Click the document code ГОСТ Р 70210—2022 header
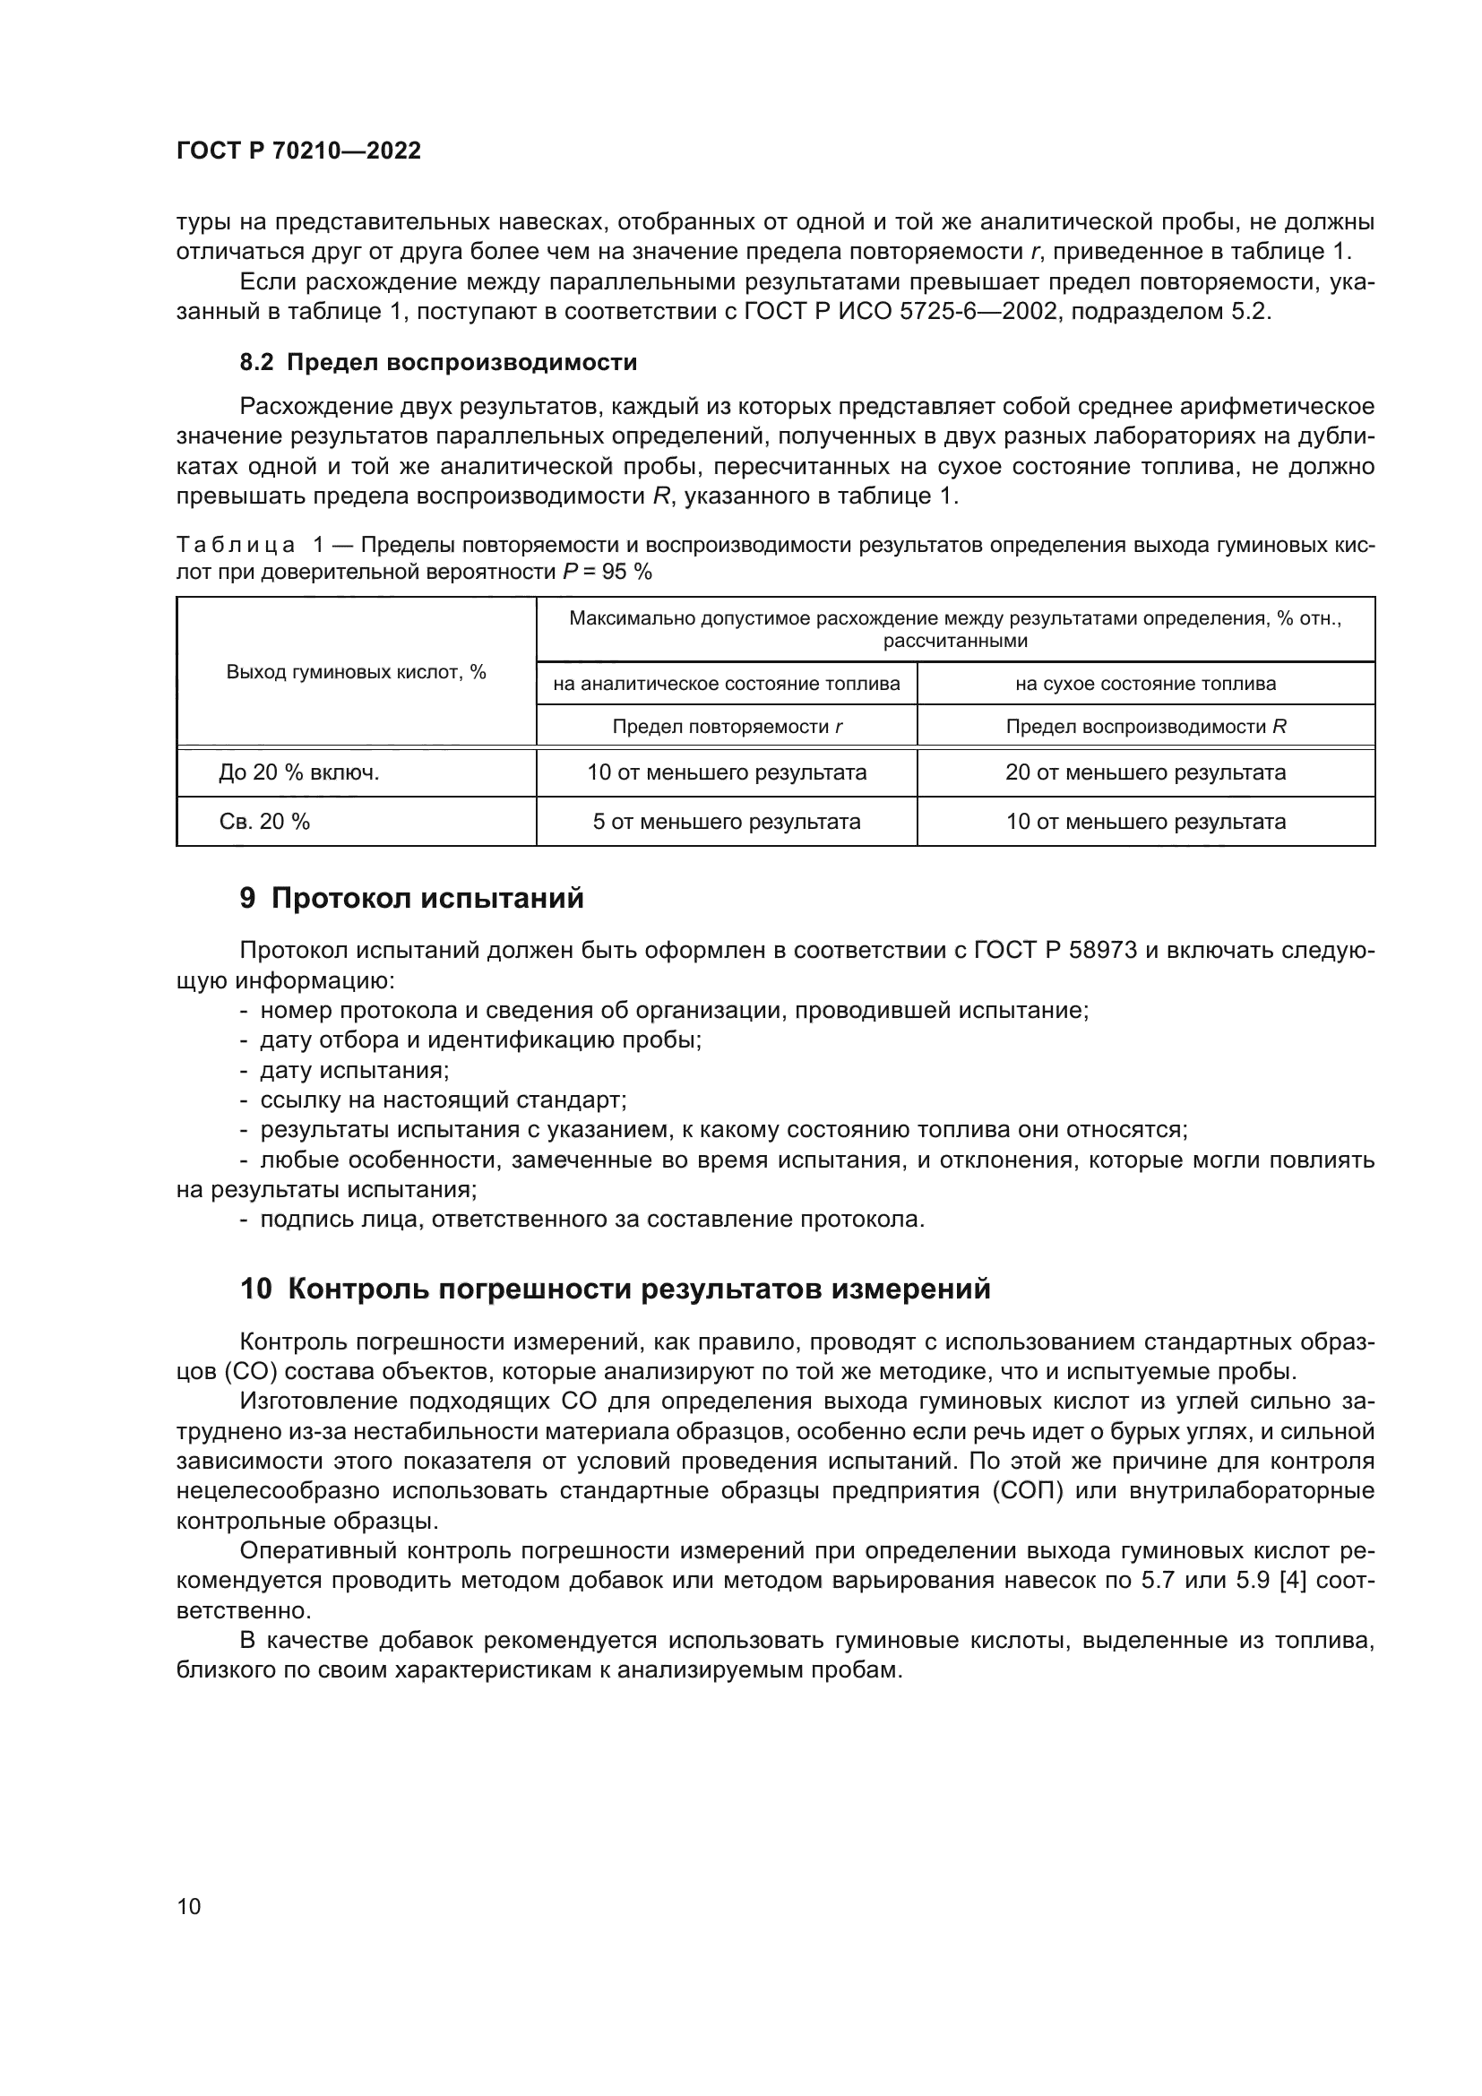298,151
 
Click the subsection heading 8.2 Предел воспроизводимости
438,362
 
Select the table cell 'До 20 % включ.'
298,772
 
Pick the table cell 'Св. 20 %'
264,822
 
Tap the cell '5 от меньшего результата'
727,822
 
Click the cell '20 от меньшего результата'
1145,772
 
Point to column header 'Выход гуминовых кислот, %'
356,672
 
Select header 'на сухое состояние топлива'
1145,684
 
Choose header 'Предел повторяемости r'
727,727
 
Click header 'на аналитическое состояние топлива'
727,684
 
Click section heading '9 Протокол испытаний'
411,898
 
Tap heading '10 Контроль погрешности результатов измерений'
615,1289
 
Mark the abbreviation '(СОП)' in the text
1058,1491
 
